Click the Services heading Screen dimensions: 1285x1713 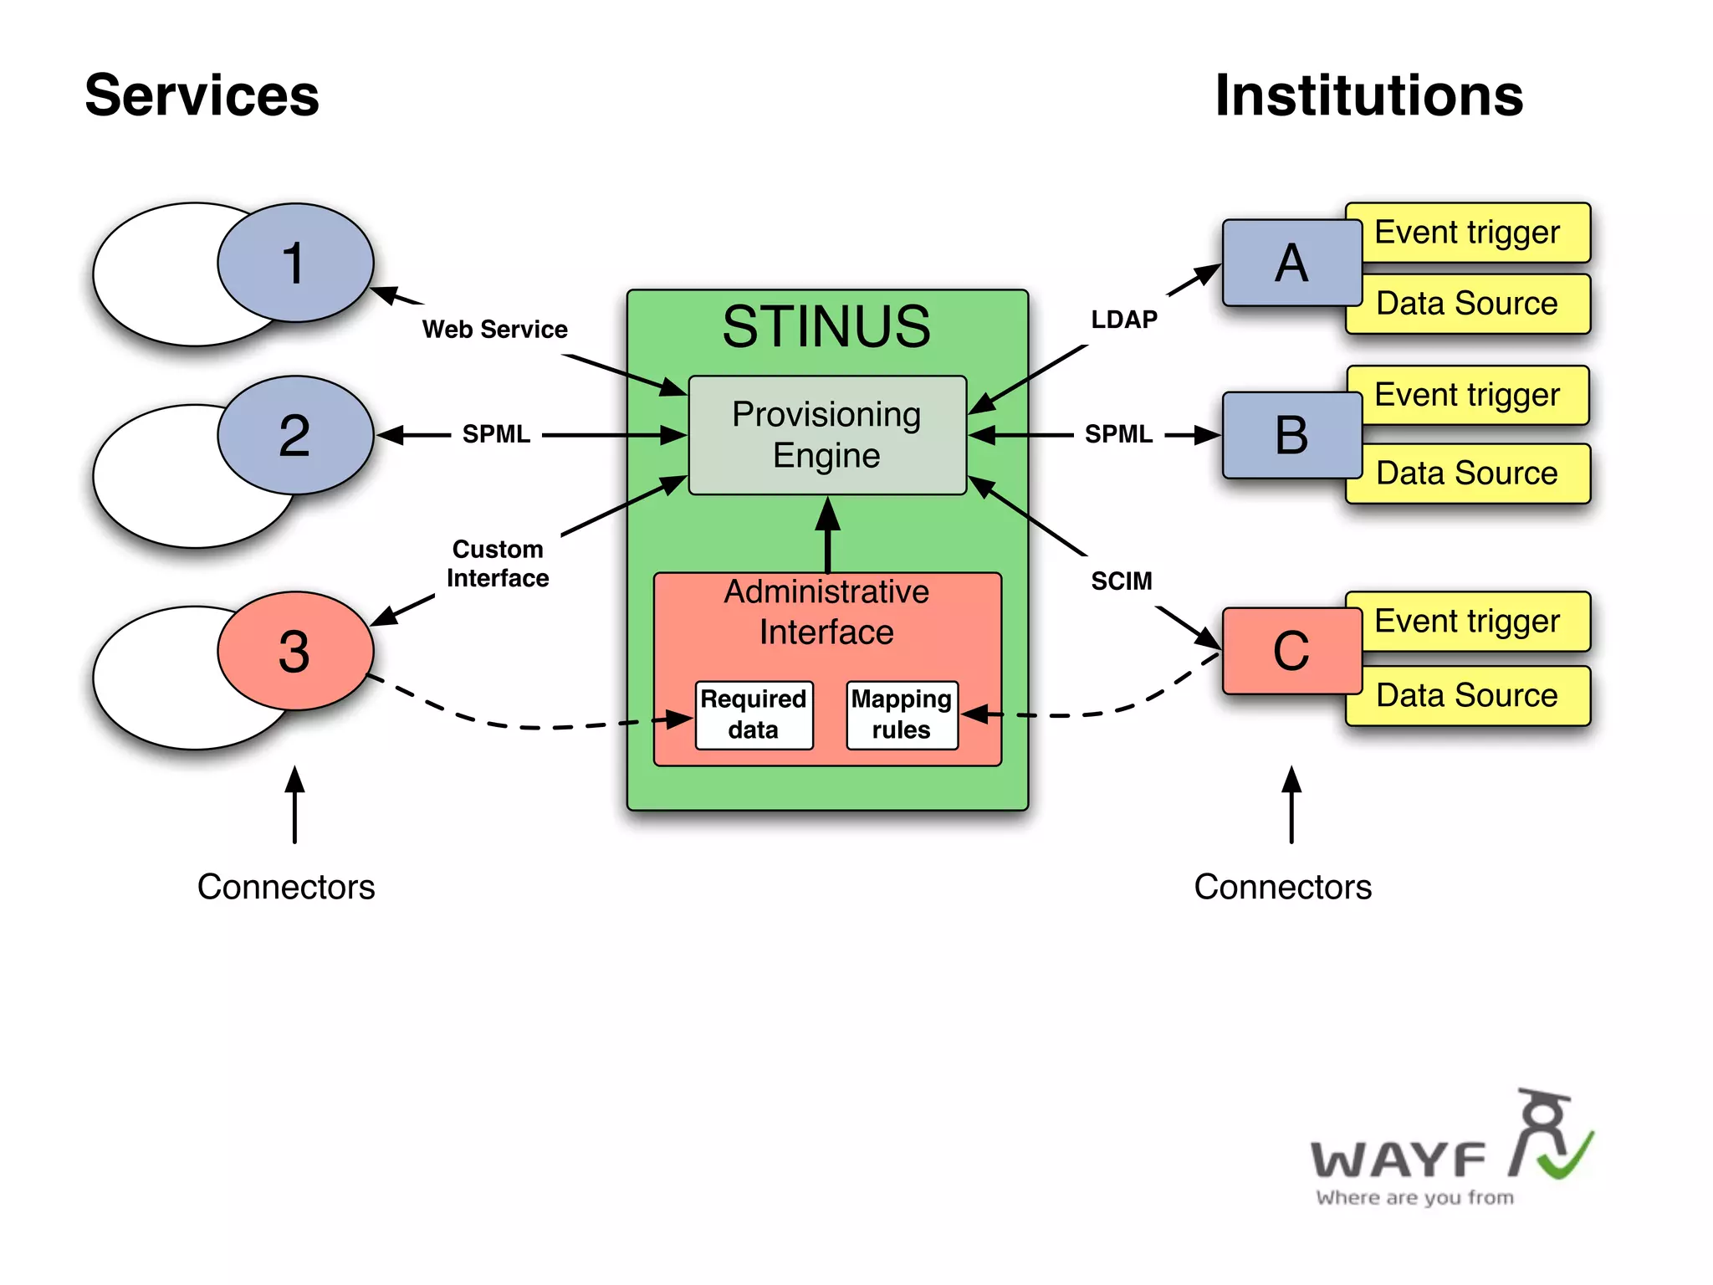[x=202, y=95]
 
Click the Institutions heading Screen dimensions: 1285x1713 [x=1368, y=95]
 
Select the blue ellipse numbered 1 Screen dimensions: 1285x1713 [x=294, y=263]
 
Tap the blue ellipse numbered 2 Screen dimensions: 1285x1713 [x=294, y=435]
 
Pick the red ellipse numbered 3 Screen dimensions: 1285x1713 [x=294, y=651]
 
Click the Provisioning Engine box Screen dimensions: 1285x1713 [x=826, y=435]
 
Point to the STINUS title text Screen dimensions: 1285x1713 [x=826, y=326]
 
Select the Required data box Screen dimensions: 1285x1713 [x=754, y=714]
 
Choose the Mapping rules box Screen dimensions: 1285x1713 [x=902, y=714]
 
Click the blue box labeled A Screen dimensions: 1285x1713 [x=1291, y=263]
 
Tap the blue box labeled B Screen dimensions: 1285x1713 [x=1291, y=435]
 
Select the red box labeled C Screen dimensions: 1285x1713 [x=1291, y=651]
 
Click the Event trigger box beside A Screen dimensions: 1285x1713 [x=1468, y=232]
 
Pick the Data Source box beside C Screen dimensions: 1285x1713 [x=1468, y=695]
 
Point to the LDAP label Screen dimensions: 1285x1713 [x=1124, y=320]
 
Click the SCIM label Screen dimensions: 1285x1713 [x=1122, y=581]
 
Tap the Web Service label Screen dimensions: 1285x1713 [x=494, y=330]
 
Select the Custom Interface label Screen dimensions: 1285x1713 [x=498, y=564]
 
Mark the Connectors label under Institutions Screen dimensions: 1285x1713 [x=1282, y=887]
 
